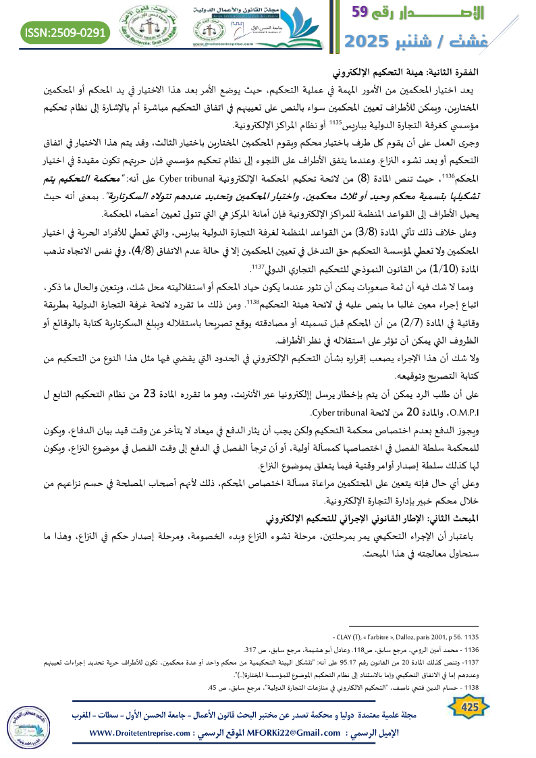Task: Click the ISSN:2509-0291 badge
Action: (x=65, y=32)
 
